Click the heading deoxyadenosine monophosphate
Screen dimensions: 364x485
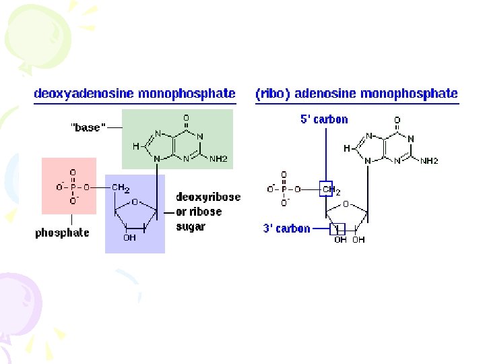(135, 94)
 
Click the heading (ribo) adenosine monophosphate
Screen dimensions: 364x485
(356, 94)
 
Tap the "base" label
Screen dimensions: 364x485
(88, 127)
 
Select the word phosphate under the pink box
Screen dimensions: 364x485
(62, 233)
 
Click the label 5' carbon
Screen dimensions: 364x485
(324, 119)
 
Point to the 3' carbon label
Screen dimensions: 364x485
(286, 229)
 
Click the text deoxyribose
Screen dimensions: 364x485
(208, 198)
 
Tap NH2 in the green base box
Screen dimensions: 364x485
(218, 159)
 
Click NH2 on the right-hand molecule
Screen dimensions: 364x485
(430, 161)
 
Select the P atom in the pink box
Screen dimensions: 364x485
(73, 187)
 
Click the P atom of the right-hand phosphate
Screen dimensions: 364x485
(284, 189)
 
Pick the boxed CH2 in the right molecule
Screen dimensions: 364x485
(327, 190)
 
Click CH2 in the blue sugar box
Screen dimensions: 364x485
(121, 187)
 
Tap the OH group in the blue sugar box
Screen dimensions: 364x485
(129, 237)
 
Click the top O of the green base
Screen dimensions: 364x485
(186, 118)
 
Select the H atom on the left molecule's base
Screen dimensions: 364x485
(135, 146)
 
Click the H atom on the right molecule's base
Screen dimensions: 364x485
(346, 148)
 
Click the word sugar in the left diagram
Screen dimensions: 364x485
(190, 226)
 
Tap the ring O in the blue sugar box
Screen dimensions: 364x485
(135, 202)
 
